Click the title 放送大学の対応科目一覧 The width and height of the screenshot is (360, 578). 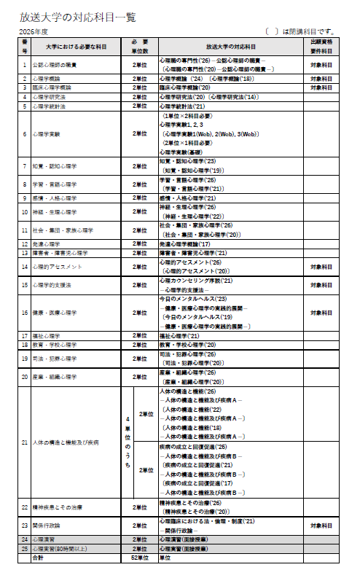point(79,17)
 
